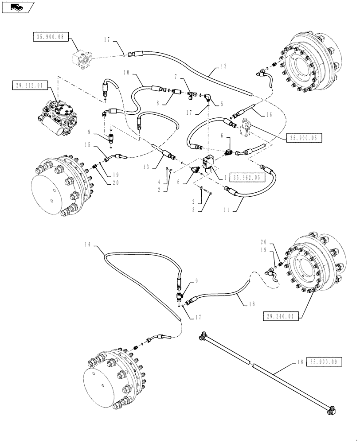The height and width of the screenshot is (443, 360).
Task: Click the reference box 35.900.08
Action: click(50, 38)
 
